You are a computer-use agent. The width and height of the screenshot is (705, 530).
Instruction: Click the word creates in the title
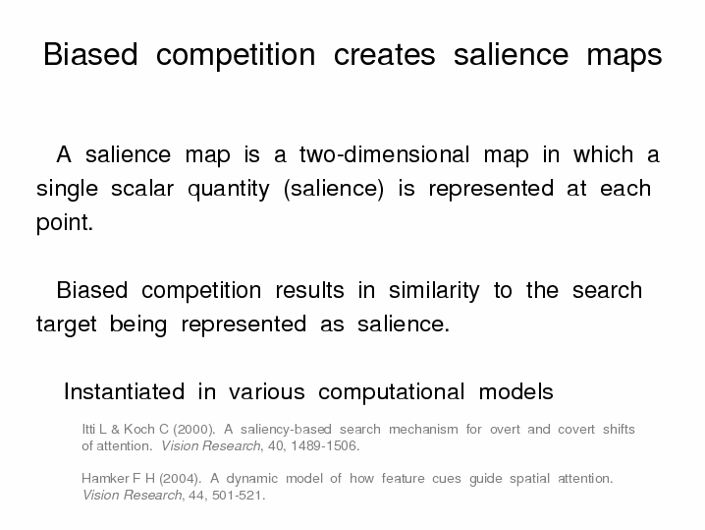point(385,55)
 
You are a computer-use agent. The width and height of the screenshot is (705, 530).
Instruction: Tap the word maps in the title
point(624,57)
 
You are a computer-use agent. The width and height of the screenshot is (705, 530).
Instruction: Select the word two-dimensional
point(385,154)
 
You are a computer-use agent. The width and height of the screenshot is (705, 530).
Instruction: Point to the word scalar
point(142,188)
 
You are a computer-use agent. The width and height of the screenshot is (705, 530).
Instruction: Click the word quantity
point(229,190)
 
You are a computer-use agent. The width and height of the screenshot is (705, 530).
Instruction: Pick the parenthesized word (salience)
point(334,189)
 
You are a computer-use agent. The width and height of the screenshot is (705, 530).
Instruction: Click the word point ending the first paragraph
point(64,223)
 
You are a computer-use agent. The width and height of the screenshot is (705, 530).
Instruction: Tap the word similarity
point(434,291)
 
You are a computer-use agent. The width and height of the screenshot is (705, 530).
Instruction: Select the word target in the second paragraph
point(67,324)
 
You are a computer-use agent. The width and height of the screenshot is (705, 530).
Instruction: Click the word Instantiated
point(124,391)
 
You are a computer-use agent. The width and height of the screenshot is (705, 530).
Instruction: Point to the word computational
point(391,392)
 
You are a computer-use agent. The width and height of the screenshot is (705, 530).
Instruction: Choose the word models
point(515,391)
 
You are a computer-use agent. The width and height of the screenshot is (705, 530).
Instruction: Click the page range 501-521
point(239,496)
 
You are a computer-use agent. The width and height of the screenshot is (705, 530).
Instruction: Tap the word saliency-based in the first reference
point(286,430)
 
